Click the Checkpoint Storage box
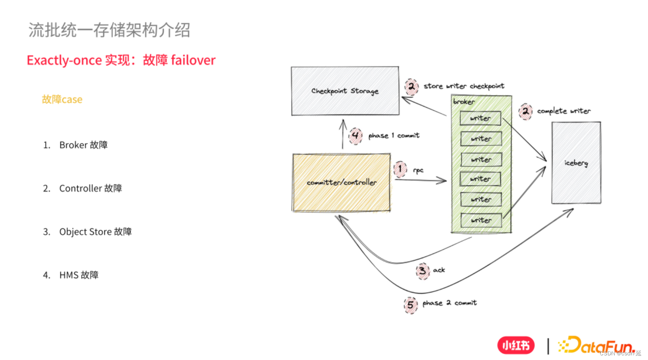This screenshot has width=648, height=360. point(345,91)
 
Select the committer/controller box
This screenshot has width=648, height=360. point(341,183)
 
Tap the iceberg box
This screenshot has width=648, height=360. point(576,163)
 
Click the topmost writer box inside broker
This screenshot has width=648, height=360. point(481,118)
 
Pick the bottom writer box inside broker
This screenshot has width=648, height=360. point(481,220)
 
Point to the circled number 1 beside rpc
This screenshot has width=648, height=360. point(400,169)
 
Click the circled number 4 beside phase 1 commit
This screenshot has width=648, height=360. point(355,135)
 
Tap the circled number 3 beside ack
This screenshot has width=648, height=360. point(422,270)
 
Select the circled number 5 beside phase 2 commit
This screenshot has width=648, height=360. point(410,304)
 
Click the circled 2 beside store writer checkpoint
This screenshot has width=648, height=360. point(411,86)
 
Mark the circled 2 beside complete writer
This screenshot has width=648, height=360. point(525,111)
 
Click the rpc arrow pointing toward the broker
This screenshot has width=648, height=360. point(421,180)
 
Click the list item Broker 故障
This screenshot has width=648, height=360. point(83,145)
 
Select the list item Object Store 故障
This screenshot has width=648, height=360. point(95,232)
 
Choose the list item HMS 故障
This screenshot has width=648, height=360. point(79,275)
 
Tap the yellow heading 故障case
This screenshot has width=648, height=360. point(62,100)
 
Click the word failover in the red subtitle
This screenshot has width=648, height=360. point(193,60)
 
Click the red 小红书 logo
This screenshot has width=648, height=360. point(516,345)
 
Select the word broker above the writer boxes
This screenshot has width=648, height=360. point(464,102)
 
